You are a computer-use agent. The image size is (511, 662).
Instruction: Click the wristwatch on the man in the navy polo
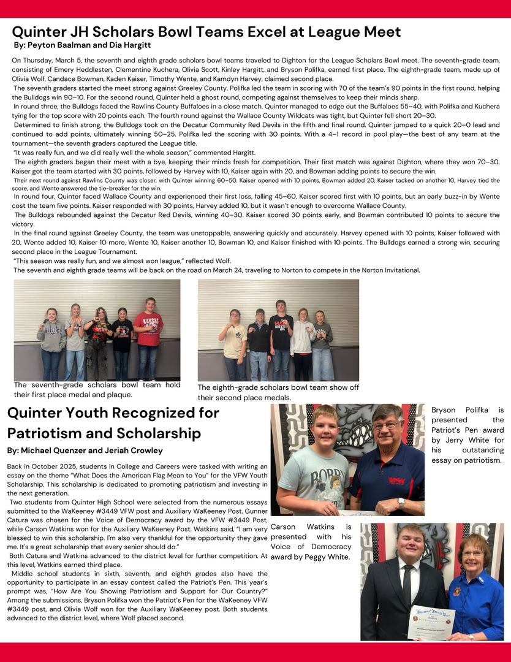(x=401, y=502)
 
